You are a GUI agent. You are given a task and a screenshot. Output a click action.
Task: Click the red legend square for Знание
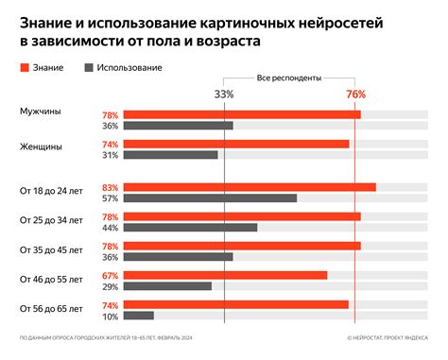click(x=24, y=68)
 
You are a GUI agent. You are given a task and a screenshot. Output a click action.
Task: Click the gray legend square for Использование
click(x=89, y=68)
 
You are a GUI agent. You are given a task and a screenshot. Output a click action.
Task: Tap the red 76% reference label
click(x=355, y=94)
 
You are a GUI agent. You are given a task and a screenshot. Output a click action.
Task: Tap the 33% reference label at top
click(x=224, y=94)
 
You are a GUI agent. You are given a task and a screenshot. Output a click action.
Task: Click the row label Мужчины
click(x=41, y=111)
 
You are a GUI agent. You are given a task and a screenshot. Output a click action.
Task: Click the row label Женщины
click(x=43, y=146)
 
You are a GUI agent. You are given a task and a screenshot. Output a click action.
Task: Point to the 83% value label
click(x=110, y=187)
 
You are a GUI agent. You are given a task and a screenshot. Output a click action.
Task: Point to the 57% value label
click(x=110, y=198)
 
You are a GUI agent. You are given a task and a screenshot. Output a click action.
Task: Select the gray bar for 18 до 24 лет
click(x=211, y=198)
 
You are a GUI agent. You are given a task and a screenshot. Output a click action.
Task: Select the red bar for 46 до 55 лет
click(x=226, y=275)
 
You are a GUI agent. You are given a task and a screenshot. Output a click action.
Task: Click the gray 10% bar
click(x=139, y=316)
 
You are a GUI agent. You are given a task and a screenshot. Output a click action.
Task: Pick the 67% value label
click(x=110, y=275)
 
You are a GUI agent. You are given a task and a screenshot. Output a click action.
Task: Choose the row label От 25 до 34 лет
click(x=51, y=220)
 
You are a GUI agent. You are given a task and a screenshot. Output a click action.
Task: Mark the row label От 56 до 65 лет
click(x=51, y=309)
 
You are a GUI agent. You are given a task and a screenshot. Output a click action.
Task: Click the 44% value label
click(x=110, y=228)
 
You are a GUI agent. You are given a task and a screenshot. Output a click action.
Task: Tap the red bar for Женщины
click(x=237, y=144)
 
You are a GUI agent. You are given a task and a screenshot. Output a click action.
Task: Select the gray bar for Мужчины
click(x=179, y=126)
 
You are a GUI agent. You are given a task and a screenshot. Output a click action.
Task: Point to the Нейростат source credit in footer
click(x=388, y=337)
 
